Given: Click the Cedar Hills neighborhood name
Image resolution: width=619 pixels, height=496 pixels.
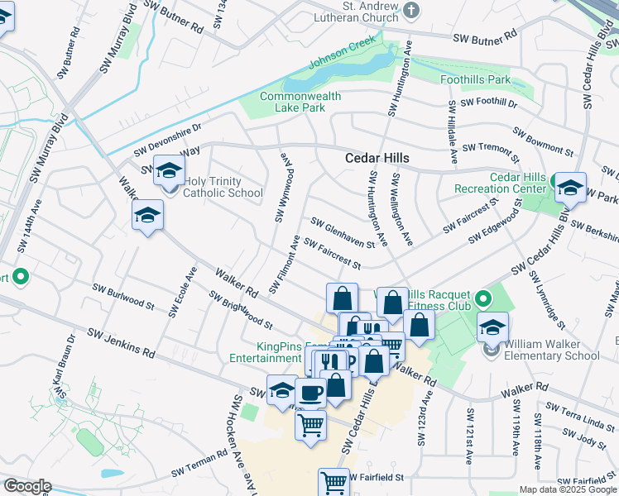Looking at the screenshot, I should click(377, 157).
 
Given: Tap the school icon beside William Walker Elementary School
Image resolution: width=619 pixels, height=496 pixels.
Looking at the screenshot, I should click(492, 327).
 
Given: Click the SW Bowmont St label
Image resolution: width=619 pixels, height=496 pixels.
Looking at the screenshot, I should click(543, 141).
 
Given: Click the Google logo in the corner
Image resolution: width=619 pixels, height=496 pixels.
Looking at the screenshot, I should click(27, 486).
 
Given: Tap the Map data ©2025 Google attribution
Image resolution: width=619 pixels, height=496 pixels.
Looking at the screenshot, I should click(567, 489).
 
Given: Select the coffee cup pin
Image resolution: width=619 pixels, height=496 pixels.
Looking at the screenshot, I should click(311, 393).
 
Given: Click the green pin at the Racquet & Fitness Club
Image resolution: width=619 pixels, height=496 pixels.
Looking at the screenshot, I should click(484, 298).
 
